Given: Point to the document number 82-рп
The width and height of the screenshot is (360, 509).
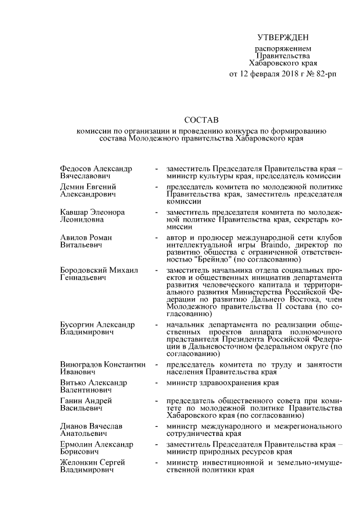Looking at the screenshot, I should coord(326,74).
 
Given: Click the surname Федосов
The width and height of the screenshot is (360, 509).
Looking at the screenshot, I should coord(78,168).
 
